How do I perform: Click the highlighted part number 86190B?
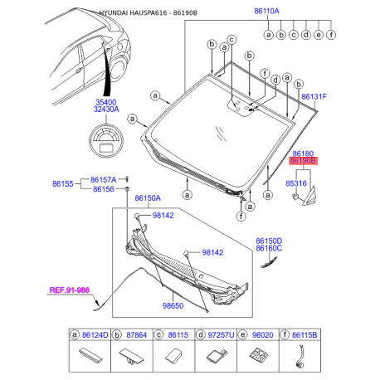coord(303,161)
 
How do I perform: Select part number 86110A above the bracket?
coord(266,11)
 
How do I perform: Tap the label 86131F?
coord(314,97)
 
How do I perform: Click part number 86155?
coord(63,184)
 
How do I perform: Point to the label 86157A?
coord(103,180)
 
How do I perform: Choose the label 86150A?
coord(148,198)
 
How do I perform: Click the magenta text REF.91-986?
coord(70,290)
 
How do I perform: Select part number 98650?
coord(173,305)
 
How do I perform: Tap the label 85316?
coord(296,183)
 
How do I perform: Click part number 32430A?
coord(106,110)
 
